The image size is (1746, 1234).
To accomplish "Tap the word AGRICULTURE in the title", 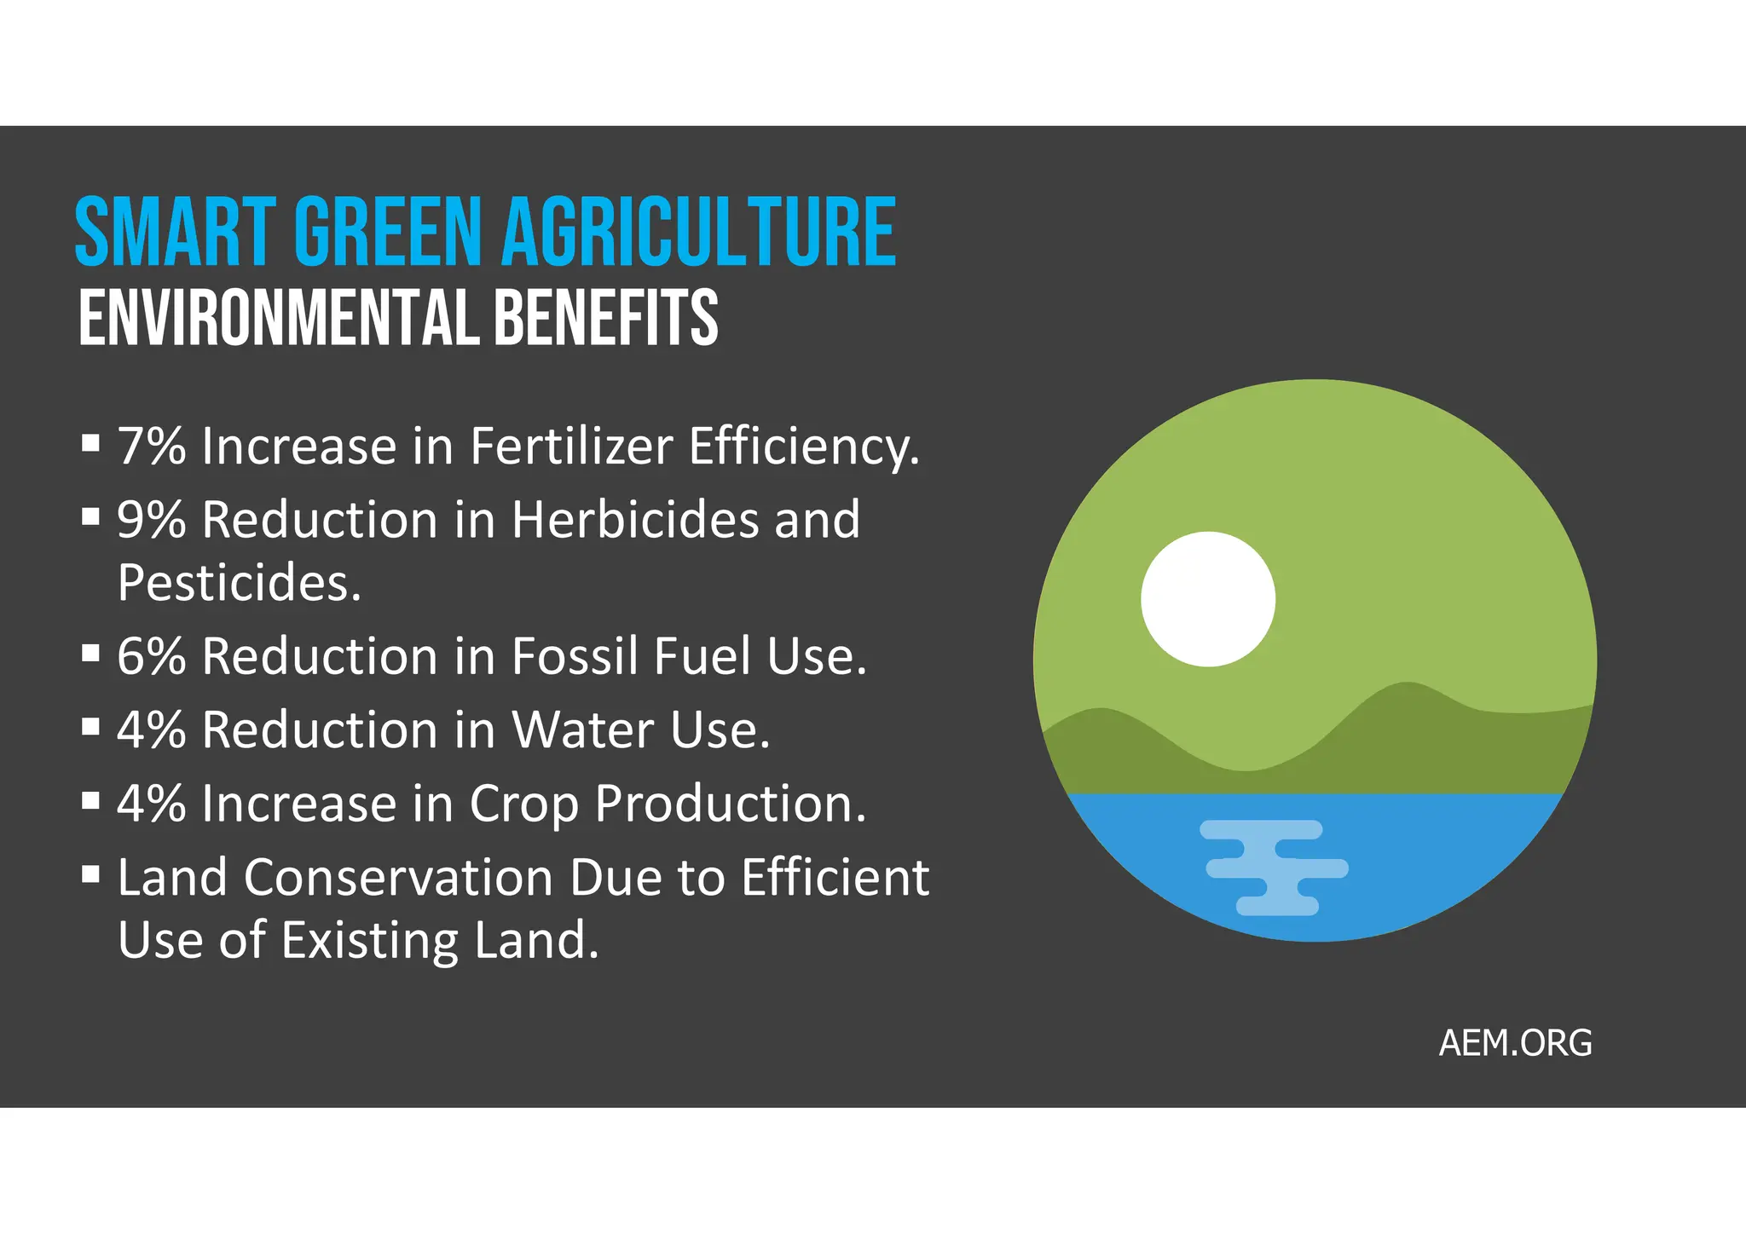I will point(698,232).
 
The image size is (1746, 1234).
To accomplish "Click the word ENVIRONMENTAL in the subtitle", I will point(278,318).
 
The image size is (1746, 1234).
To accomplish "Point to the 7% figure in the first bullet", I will point(152,446).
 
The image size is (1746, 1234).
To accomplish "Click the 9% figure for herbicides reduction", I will point(152,519).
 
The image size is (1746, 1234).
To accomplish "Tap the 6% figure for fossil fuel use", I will point(152,656).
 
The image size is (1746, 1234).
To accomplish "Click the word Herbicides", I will point(635,519).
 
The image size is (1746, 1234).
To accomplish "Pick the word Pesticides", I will point(240,583).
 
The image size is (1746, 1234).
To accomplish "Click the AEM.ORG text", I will point(1515,1043).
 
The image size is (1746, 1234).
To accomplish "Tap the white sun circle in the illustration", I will point(1208,599).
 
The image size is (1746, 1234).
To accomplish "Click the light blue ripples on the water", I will point(1275,868).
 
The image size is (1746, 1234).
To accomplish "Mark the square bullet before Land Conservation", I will point(90,874).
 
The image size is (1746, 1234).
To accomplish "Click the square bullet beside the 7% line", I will point(90,442).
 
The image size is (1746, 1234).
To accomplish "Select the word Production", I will point(731,804).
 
